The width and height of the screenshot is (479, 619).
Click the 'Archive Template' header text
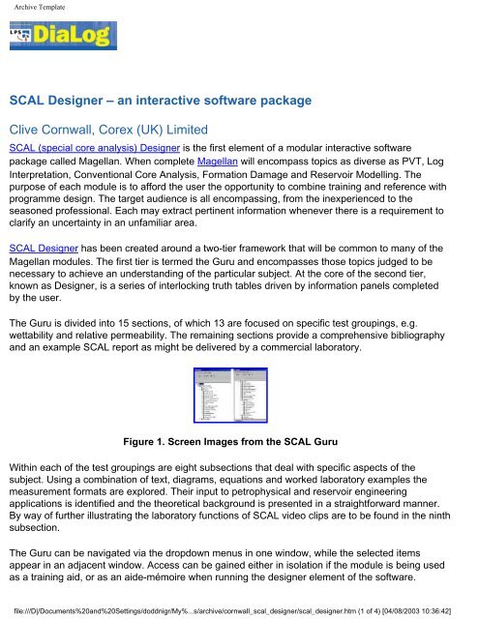click(x=45, y=10)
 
